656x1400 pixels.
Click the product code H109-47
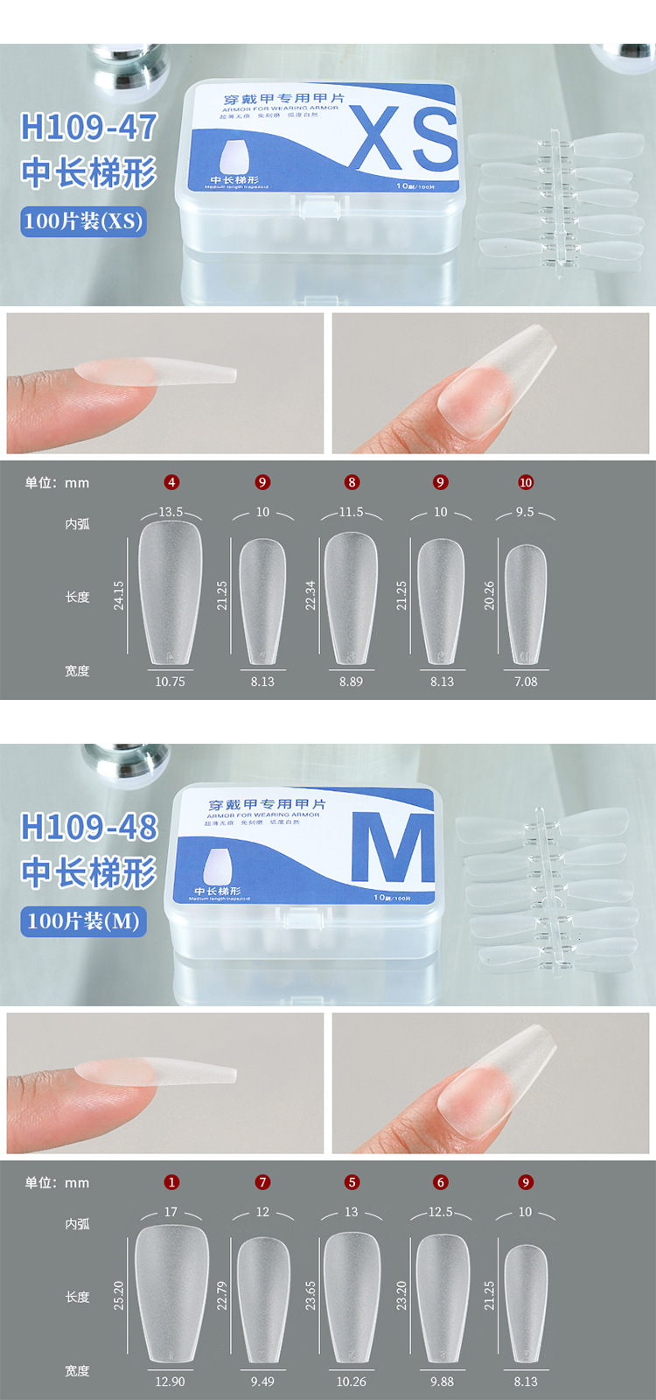point(88,128)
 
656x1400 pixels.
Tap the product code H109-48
point(88,828)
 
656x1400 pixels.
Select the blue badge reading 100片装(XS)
point(83,221)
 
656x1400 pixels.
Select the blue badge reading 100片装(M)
point(83,921)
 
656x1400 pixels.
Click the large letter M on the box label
point(393,848)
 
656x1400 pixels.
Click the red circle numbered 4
point(171,482)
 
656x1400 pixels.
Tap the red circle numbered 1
point(171,1182)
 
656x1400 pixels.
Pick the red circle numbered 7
point(262,1182)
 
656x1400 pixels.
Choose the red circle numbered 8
point(352,482)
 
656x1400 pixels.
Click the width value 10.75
point(170,682)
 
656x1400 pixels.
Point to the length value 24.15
point(119,596)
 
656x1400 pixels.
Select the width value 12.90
point(170,1382)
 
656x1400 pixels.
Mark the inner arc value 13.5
point(171,512)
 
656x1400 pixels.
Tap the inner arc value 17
point(171,1212)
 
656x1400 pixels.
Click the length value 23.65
point(311,1296)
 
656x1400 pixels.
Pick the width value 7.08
point(526,682)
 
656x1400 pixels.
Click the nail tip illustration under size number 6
point(443,1298)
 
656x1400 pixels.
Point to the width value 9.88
point(442,1382)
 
